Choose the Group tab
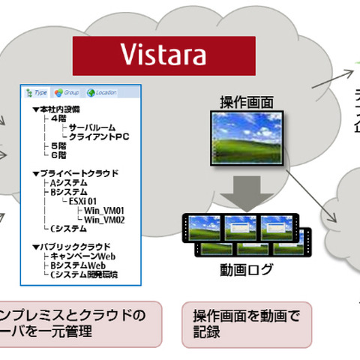(67, 93)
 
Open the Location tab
(102, 93)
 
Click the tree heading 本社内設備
(57, 109)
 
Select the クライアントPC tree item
(99, 136)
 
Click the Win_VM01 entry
(104, 210)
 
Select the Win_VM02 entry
(104, 219)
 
